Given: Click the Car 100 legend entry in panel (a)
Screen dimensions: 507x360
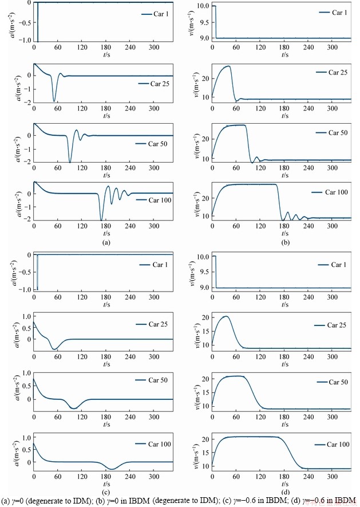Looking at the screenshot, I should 154,200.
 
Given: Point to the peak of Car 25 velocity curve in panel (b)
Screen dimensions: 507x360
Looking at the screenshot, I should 230,66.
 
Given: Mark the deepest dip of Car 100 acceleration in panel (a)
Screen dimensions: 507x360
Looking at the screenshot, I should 101,220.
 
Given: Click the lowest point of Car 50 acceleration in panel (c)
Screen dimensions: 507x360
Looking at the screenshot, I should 73,408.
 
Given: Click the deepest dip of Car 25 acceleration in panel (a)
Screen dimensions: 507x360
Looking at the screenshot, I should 54,101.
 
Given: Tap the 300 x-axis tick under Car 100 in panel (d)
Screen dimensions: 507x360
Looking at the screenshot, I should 331,478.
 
